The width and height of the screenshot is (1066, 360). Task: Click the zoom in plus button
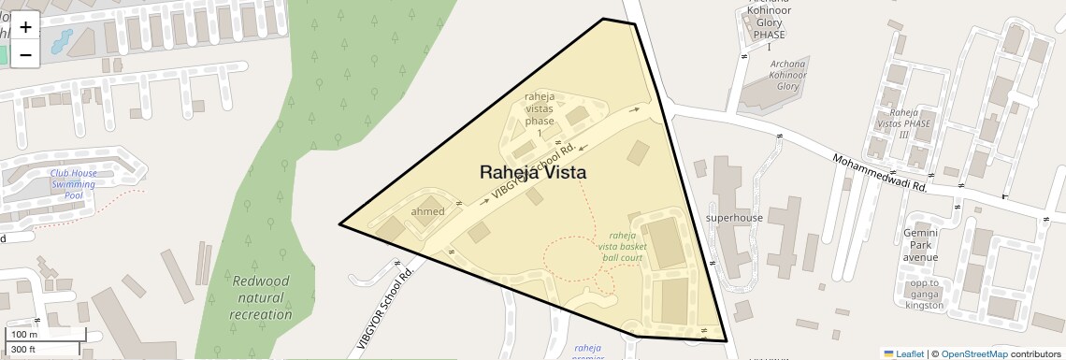pos(25,27)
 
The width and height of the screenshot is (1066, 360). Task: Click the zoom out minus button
pos(25,54)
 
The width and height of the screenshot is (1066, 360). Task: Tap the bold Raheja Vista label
pos(533,172)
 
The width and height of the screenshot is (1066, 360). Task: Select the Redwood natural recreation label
pos(261,297)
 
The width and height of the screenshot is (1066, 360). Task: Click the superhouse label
pos(734,218)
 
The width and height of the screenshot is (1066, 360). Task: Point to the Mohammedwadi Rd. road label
pos(878,173)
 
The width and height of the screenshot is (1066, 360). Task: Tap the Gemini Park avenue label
pos(920,244)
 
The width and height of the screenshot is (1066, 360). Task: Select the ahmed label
pos(427,211)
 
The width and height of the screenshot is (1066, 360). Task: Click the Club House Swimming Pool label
pos(73,184)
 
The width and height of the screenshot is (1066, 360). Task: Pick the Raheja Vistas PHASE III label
pos(905,122)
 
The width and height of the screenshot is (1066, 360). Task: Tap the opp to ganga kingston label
pos(924,294)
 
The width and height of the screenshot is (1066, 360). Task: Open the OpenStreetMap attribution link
pos(973,353)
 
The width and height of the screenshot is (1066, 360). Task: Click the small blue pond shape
pos(61,40)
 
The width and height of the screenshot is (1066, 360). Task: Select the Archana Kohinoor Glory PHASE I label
pos(769,22)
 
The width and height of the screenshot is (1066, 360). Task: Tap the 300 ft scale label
pos(23,350)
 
